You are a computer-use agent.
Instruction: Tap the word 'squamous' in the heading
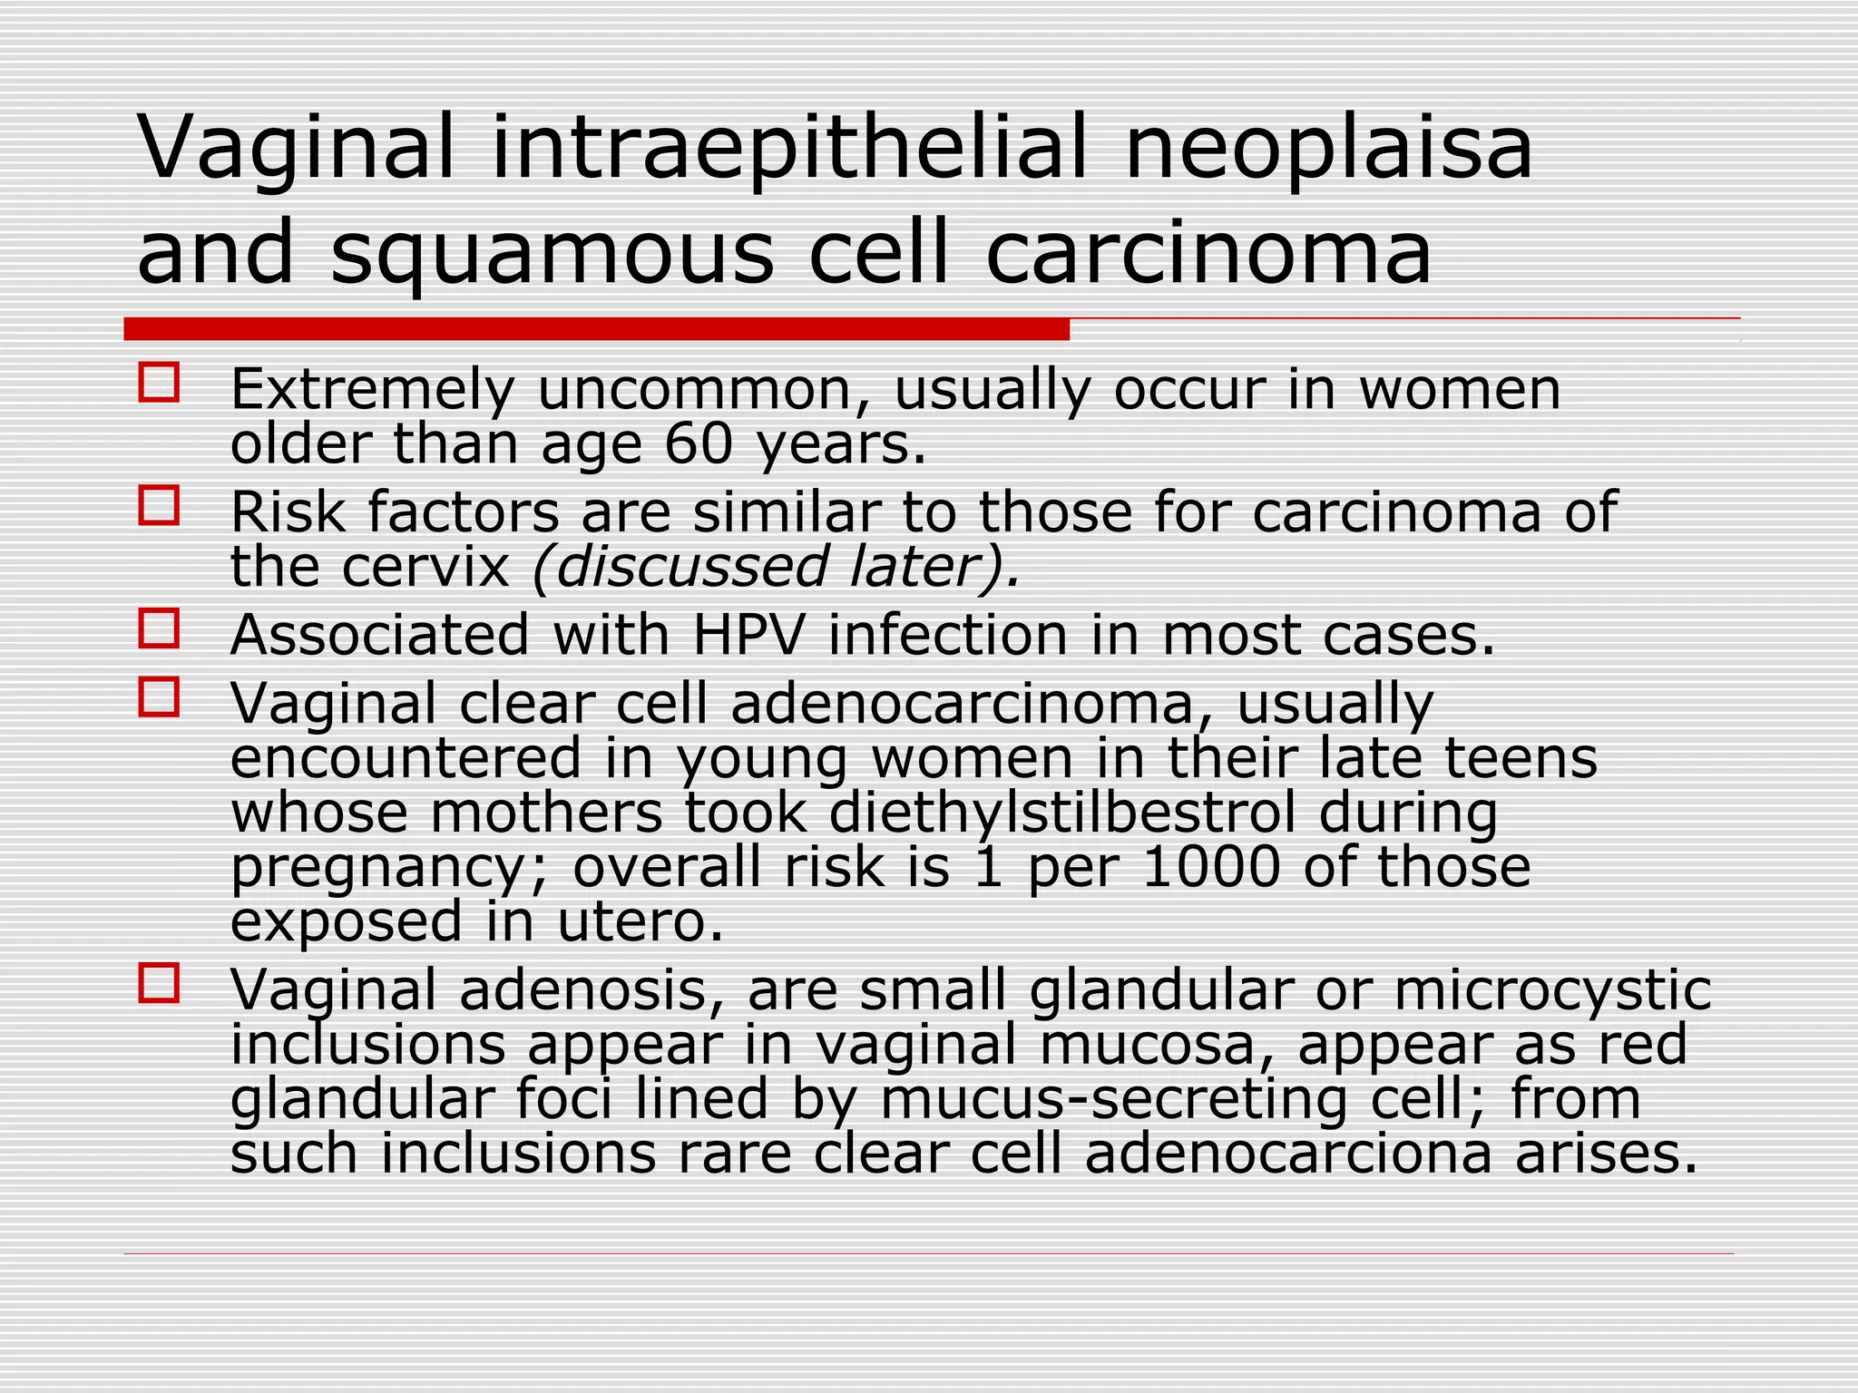click(x=553, y=252)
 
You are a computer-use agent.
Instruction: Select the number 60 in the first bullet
click(x=698, y=444)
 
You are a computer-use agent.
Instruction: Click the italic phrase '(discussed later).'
click(x=777, y=567)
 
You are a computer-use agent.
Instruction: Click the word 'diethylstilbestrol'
click(x=1061, y=813)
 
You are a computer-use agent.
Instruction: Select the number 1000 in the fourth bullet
click(x=1211, y=867)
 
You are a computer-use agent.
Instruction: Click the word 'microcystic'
click(x=1552, y=990)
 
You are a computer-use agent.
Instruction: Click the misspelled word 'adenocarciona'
click(x=1288, y=1154)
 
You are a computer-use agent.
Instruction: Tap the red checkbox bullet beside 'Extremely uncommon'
click(x=159, y=382)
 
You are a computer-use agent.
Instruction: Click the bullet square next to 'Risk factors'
click(x=159, y=505)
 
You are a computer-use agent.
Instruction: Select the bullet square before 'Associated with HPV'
click(x=159, y=628)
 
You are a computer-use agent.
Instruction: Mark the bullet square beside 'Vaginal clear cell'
click(x=159, y=697)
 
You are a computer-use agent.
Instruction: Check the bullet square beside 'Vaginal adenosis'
click(x=159, y=983)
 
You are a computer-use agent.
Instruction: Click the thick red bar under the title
click(x=596, y=328)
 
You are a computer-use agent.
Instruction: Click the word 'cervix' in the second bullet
click(x=426, y=567)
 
